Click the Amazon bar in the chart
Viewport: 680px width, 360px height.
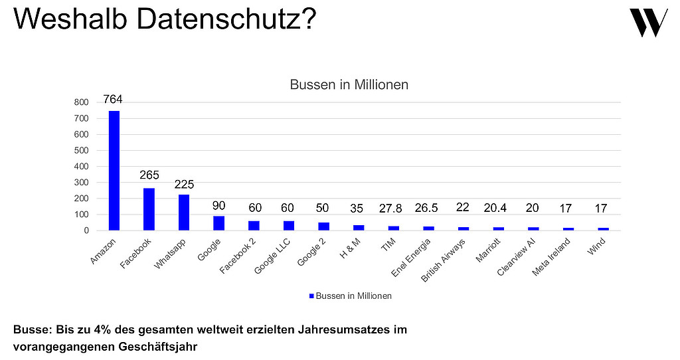coord(114,170)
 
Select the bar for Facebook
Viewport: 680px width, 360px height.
coord(149,209)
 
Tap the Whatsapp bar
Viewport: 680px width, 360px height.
coord(184,212)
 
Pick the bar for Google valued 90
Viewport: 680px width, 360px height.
coord(218,223)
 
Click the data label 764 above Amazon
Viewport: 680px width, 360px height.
coord(113,100)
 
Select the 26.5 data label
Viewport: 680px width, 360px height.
coord(428,209)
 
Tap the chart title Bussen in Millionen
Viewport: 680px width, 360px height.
coord(349,85)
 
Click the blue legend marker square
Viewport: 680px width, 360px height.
coord(311,296)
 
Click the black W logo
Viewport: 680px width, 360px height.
coord(648,23)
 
